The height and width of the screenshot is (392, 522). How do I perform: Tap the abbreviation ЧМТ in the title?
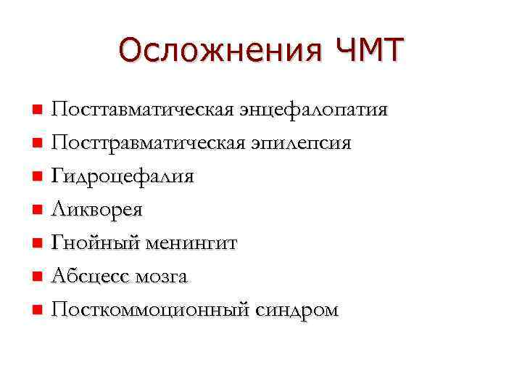coord(369,52)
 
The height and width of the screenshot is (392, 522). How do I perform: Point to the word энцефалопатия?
coord(311,110)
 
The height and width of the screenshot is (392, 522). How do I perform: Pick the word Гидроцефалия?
coord(123,176)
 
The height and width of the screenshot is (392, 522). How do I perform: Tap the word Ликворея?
coord(96,210)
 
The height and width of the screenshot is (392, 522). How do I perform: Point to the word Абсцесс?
coord(88,277)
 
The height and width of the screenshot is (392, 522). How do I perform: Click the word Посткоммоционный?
coord(149,310)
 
